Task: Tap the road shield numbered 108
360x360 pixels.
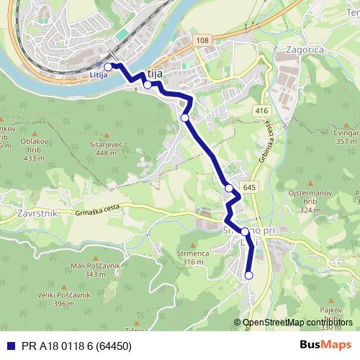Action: [202, 40]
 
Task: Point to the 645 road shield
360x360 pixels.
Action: [249, 188]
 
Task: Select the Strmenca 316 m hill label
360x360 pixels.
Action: [193, 257]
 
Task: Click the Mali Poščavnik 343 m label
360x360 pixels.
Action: [94, 270]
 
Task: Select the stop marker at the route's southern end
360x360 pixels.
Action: [249, 275]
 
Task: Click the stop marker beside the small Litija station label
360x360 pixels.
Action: [108, 67]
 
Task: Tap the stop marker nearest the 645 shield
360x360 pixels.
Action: [229, 189]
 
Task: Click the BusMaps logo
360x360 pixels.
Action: [325, 344]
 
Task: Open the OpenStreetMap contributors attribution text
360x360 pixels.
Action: [297, 323]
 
